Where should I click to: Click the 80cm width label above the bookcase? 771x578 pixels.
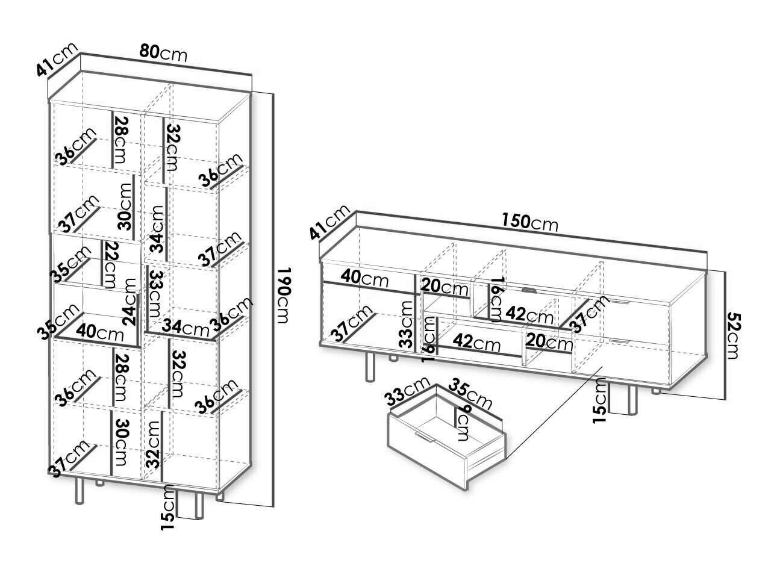[163, 53]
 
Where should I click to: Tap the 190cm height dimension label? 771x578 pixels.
[284, 295]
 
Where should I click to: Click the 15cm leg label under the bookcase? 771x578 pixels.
[168, 508]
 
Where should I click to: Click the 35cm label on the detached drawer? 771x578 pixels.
[472, 395]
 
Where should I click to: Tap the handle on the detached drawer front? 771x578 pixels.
[423, 437]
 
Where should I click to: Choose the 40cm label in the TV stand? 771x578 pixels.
[364, 279]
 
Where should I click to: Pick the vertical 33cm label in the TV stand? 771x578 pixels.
[407, 325]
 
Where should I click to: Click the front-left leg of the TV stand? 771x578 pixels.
[368, 367]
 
